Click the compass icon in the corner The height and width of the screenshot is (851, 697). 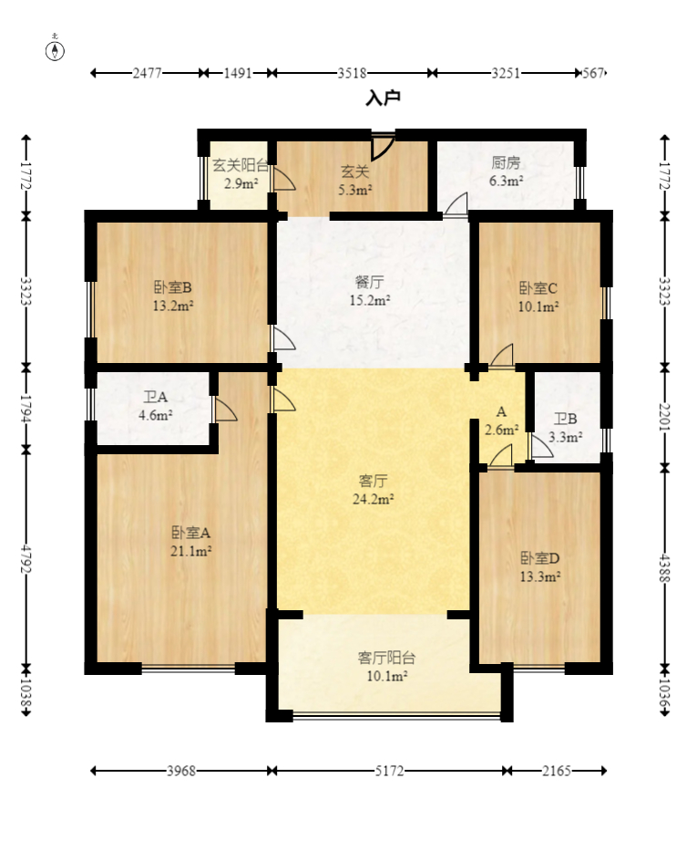[55, 49]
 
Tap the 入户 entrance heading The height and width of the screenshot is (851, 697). [384, 98]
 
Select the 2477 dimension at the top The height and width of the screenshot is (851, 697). [147, 73]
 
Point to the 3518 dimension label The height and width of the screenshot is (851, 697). [352, 73]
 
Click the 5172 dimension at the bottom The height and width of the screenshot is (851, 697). [389, 771]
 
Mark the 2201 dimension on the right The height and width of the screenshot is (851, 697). [665, 417]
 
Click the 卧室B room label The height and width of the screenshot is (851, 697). [173, 287]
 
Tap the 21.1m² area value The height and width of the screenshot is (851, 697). [190, 552]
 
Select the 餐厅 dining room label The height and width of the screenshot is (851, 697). [370, 282]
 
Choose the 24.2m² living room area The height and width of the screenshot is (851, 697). [373, 499]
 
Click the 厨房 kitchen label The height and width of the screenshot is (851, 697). [506, 163]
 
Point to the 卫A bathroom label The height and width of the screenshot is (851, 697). [156, 398]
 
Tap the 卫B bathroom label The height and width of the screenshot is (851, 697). [565, 419]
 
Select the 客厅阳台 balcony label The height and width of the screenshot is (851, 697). [386, 658]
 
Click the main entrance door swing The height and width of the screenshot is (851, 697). [382, 145]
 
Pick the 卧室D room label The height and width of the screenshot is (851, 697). [539, 558]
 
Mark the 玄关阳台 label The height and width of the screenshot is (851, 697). [241, 165]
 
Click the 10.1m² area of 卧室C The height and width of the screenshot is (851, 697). [538, 307]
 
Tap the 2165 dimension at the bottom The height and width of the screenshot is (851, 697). [557, 771]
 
